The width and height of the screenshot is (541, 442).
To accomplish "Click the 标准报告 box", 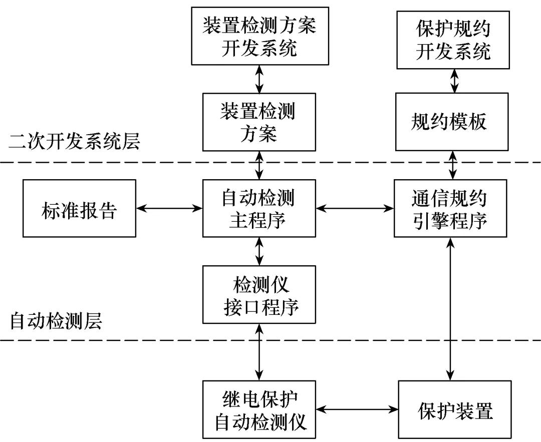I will (79, 208).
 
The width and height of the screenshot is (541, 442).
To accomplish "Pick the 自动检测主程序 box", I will (259, 208).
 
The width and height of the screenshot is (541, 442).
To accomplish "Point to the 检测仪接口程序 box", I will (259, 294).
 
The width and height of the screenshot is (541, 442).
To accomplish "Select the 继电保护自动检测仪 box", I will (259, 409).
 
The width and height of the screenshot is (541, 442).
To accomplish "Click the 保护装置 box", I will (455, 409).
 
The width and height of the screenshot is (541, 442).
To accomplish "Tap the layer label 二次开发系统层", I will (75, 142).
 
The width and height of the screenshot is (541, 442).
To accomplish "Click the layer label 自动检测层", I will (56, 321).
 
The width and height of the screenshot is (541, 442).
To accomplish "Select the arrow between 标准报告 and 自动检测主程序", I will (169, 208).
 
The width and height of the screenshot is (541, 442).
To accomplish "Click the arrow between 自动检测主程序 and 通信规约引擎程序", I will (355, 208).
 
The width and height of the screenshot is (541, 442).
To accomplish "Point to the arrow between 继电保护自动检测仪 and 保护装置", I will (357, 409).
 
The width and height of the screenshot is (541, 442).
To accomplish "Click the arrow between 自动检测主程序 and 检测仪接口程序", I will (259, 251).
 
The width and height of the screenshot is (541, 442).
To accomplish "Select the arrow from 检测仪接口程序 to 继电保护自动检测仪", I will (259, 351).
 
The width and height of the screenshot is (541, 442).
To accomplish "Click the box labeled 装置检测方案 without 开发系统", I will (259, 122).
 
